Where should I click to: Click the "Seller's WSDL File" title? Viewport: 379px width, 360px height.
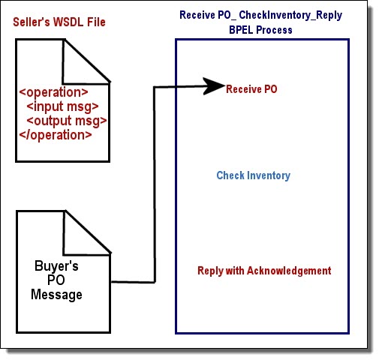(59, 22)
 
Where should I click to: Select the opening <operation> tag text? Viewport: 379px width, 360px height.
(53, 92)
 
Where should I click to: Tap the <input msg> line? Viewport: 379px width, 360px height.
(62, 106)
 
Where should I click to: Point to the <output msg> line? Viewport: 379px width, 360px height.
(67, 121)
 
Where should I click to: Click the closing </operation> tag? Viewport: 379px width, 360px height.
(56, 135)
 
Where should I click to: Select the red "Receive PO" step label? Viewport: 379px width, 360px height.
(251, 89)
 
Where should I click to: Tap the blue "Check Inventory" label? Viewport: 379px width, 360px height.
(254, 175)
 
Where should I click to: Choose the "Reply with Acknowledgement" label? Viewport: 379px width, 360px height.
(264, 271)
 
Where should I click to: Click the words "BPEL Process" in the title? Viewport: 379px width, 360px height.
(260, 30)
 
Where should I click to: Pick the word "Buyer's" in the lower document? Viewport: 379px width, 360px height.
(56, 265)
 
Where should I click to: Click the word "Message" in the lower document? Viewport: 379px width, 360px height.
(56, 295)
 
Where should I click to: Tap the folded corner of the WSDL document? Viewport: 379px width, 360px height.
(86, 61)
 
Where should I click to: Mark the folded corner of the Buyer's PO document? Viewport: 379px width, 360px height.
(87, 233)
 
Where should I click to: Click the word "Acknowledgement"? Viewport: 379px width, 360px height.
(289, 271)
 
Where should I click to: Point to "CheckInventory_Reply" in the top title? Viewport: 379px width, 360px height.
(290, 16)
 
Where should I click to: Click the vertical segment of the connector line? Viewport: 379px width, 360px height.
(155, 184)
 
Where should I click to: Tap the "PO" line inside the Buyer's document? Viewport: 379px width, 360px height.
(56, 280)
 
